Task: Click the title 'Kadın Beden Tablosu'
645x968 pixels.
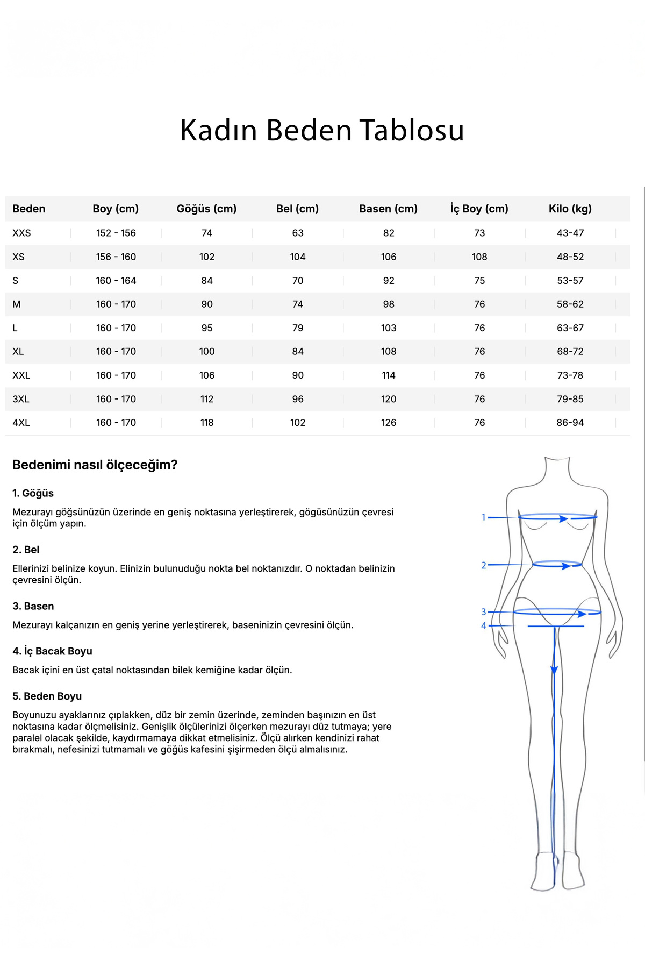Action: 322,131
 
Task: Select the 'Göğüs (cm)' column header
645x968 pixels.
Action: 206,209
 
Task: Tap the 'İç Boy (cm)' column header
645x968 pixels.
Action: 479,209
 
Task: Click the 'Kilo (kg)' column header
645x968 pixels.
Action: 570,209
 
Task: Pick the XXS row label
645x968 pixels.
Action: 21,233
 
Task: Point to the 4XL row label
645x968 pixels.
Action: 21,423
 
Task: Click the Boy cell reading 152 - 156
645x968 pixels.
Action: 116,233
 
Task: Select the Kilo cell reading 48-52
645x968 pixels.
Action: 570,257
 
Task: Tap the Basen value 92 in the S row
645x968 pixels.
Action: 389,281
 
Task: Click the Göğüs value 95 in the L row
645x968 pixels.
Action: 207,328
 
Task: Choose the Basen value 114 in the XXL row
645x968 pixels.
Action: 389,375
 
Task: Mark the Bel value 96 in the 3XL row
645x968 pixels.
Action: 298,399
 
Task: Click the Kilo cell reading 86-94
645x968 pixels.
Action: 570,423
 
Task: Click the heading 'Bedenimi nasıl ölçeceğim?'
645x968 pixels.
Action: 95,465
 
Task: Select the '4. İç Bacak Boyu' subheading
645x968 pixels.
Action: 52,651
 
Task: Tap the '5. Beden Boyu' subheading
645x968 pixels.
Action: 47,696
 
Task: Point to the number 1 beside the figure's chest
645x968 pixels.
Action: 484,517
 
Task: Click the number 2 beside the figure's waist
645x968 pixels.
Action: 484,565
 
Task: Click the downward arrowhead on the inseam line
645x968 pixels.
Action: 554,670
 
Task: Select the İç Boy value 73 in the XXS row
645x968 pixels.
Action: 479,233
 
